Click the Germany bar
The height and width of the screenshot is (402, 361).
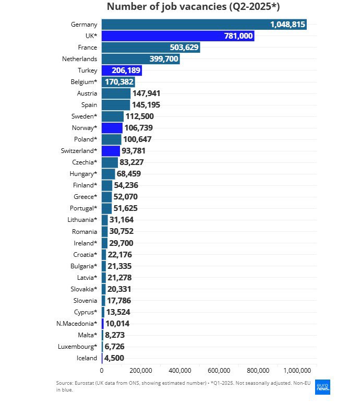point(204,25)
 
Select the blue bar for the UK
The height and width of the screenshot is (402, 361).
point(178,36)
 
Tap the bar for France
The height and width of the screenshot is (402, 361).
point(151,48)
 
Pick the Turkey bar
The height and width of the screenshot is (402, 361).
point(122,70)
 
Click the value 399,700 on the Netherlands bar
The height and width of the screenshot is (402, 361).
point(164,59)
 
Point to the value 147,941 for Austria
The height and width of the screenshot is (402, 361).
point(146,93)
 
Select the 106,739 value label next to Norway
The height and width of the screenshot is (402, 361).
point(139,128)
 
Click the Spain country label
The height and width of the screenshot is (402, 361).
point(89,105)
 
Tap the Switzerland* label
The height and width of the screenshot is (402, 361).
point(79,151)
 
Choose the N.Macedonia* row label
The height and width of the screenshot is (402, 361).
point(77,324)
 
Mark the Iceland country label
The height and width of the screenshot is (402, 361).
point(87,358)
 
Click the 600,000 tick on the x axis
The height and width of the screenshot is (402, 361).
point(219,371)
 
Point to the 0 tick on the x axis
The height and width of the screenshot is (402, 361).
point(102,371)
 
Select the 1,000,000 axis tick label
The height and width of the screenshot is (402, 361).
point(297,371)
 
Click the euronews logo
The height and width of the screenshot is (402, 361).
point(322,387)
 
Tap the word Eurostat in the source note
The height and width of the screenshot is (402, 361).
point(85,383)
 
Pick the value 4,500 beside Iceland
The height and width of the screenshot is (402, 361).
point(114,358)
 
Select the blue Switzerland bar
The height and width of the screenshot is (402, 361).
point(111,151)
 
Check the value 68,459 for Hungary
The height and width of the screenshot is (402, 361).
point(129,174)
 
